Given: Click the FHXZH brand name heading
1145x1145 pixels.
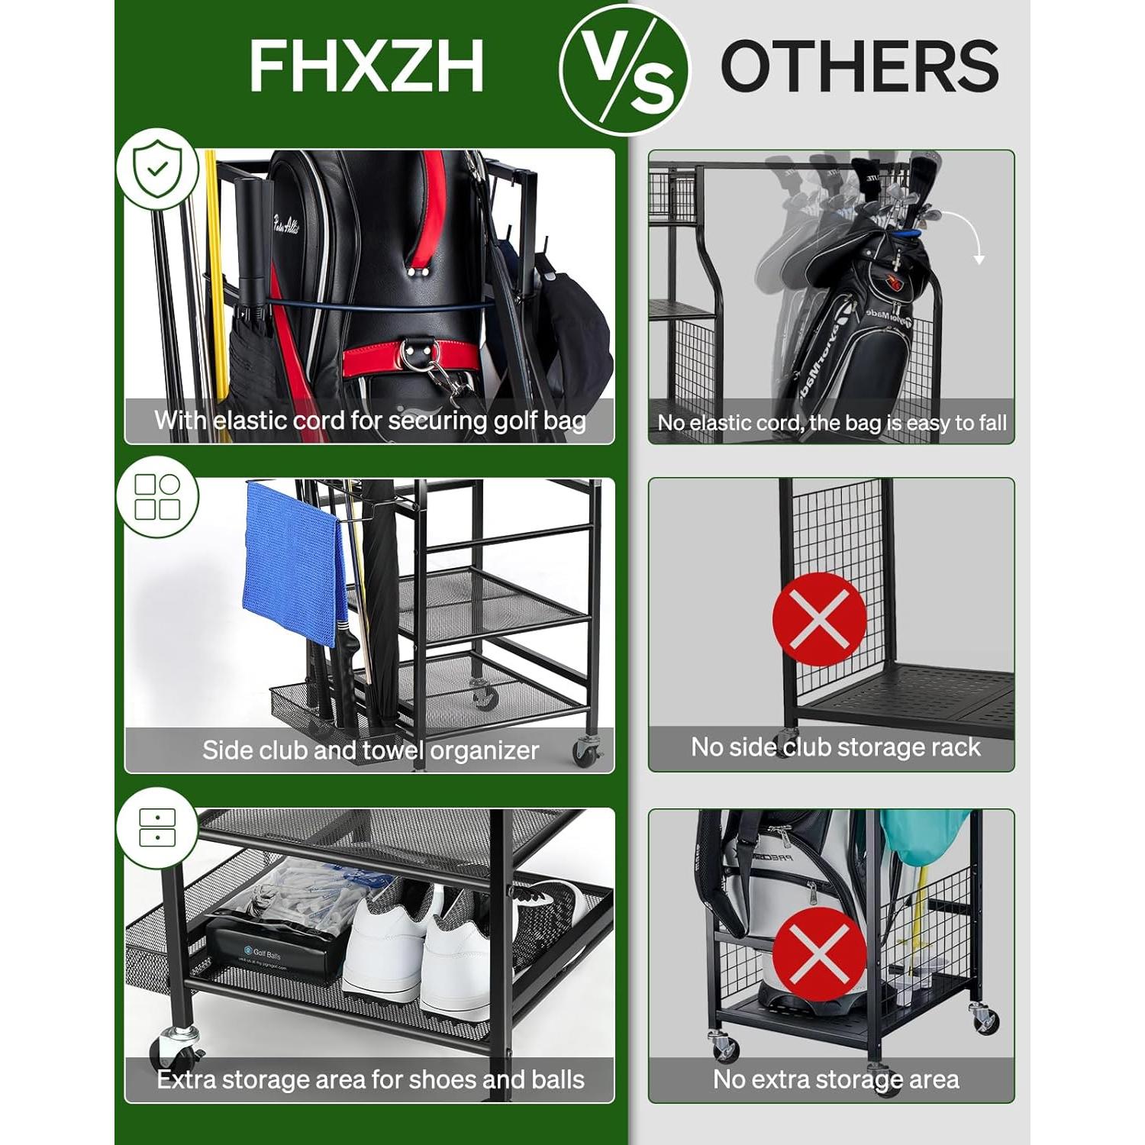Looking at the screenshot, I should pyautogui.click(x=366, y=66).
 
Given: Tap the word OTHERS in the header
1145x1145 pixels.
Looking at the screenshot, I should pyautogui.click(x=860, y=66).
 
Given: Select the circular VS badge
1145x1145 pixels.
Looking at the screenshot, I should pyautogui.click(x=624, y=69).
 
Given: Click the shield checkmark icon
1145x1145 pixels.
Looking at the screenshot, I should pyautogui.click(x=157, y=169).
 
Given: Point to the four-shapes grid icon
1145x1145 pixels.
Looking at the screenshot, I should pyautogui.click(x=157, y=497).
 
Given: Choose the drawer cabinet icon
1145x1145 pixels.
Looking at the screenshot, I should pyautogui.click(x=157, y=827).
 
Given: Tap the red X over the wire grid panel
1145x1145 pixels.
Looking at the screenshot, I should pyautogui.click(x=819, y=619).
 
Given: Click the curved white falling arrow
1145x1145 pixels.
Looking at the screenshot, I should pyautogui.click(x=966, y=233).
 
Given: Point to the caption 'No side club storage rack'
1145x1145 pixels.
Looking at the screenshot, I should pyautogui.click(x=835, y=747).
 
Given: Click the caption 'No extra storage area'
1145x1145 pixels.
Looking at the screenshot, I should pyautogui.click(x=835, y=1079).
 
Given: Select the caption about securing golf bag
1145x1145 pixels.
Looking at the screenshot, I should pyautogui.click(x=370, y=421).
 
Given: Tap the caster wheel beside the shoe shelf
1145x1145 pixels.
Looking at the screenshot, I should pyautogui.click(x=177, y=1046).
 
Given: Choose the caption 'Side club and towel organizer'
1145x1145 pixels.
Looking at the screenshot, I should pyautogui.click(x=370, y=750).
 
